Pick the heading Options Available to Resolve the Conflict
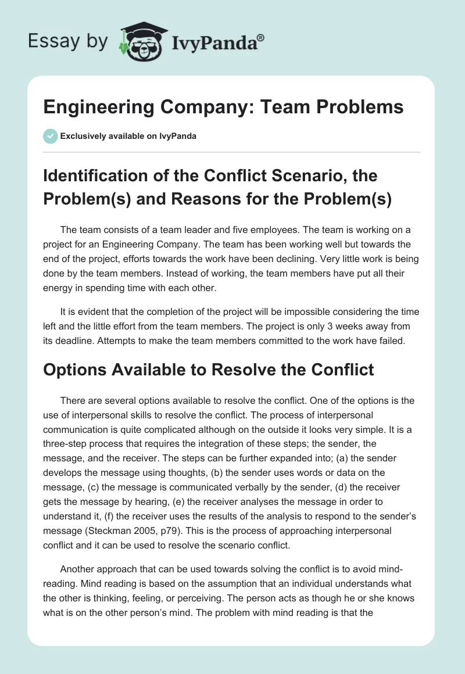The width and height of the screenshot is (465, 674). point(209,369)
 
